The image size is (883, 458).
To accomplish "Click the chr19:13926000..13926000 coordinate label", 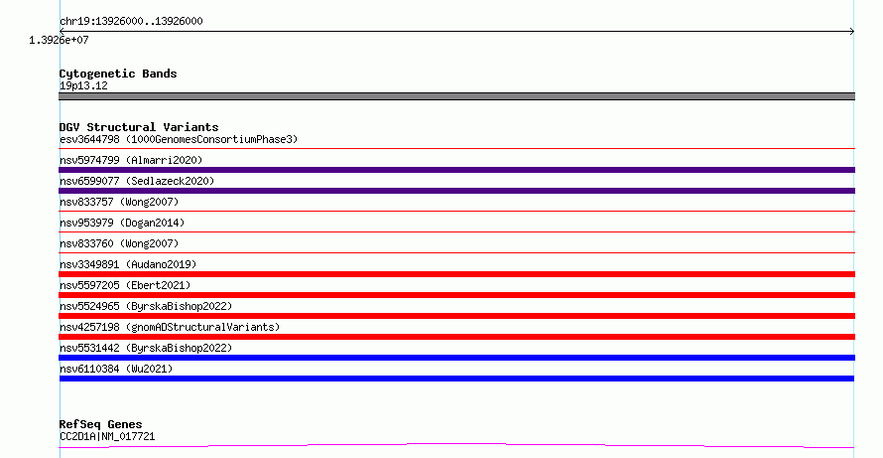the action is tap(131, 21).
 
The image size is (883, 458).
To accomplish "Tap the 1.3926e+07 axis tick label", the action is tap(59, 40).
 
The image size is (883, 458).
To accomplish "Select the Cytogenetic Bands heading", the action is tap(118, 74).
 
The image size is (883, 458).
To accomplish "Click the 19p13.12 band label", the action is tap(83, 85).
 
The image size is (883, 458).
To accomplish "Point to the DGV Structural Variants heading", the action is tap(139, 127).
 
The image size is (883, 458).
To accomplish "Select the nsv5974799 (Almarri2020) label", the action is tap(131, 160).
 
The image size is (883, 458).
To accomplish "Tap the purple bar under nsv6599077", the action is tap(456, 191).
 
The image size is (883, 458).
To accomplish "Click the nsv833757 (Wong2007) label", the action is tap(119, 202).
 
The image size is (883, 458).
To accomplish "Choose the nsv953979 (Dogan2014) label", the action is tap(122, 223).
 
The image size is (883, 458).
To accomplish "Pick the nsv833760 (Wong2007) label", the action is tap(119, 243).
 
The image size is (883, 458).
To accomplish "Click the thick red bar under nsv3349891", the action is tap(456, 274).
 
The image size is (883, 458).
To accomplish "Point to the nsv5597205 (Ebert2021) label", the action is tap(125, 285).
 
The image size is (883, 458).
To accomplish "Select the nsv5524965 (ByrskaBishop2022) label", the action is tap(146, 306).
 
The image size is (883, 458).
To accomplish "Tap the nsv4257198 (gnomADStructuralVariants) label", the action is tap(170, 327).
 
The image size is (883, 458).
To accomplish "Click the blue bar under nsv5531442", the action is tap(456, 358).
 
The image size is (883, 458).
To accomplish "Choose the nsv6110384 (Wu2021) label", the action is tap(116, 369).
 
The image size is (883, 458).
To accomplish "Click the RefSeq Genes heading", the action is tap(100, 424).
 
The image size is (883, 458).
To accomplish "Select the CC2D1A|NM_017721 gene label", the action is tap(107, 436).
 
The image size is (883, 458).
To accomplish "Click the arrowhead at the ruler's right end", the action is tap(852, 31).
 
